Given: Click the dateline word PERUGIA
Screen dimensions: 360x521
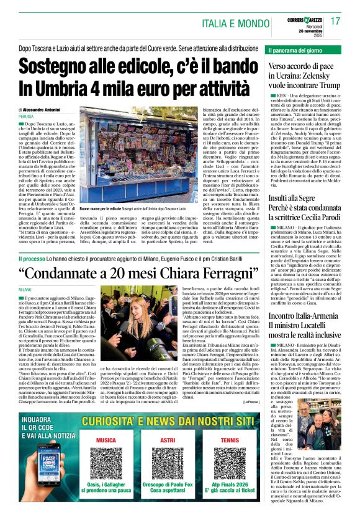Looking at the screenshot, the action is point(27,116).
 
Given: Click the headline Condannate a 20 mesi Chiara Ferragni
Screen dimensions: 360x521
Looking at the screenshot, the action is point(134,272).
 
